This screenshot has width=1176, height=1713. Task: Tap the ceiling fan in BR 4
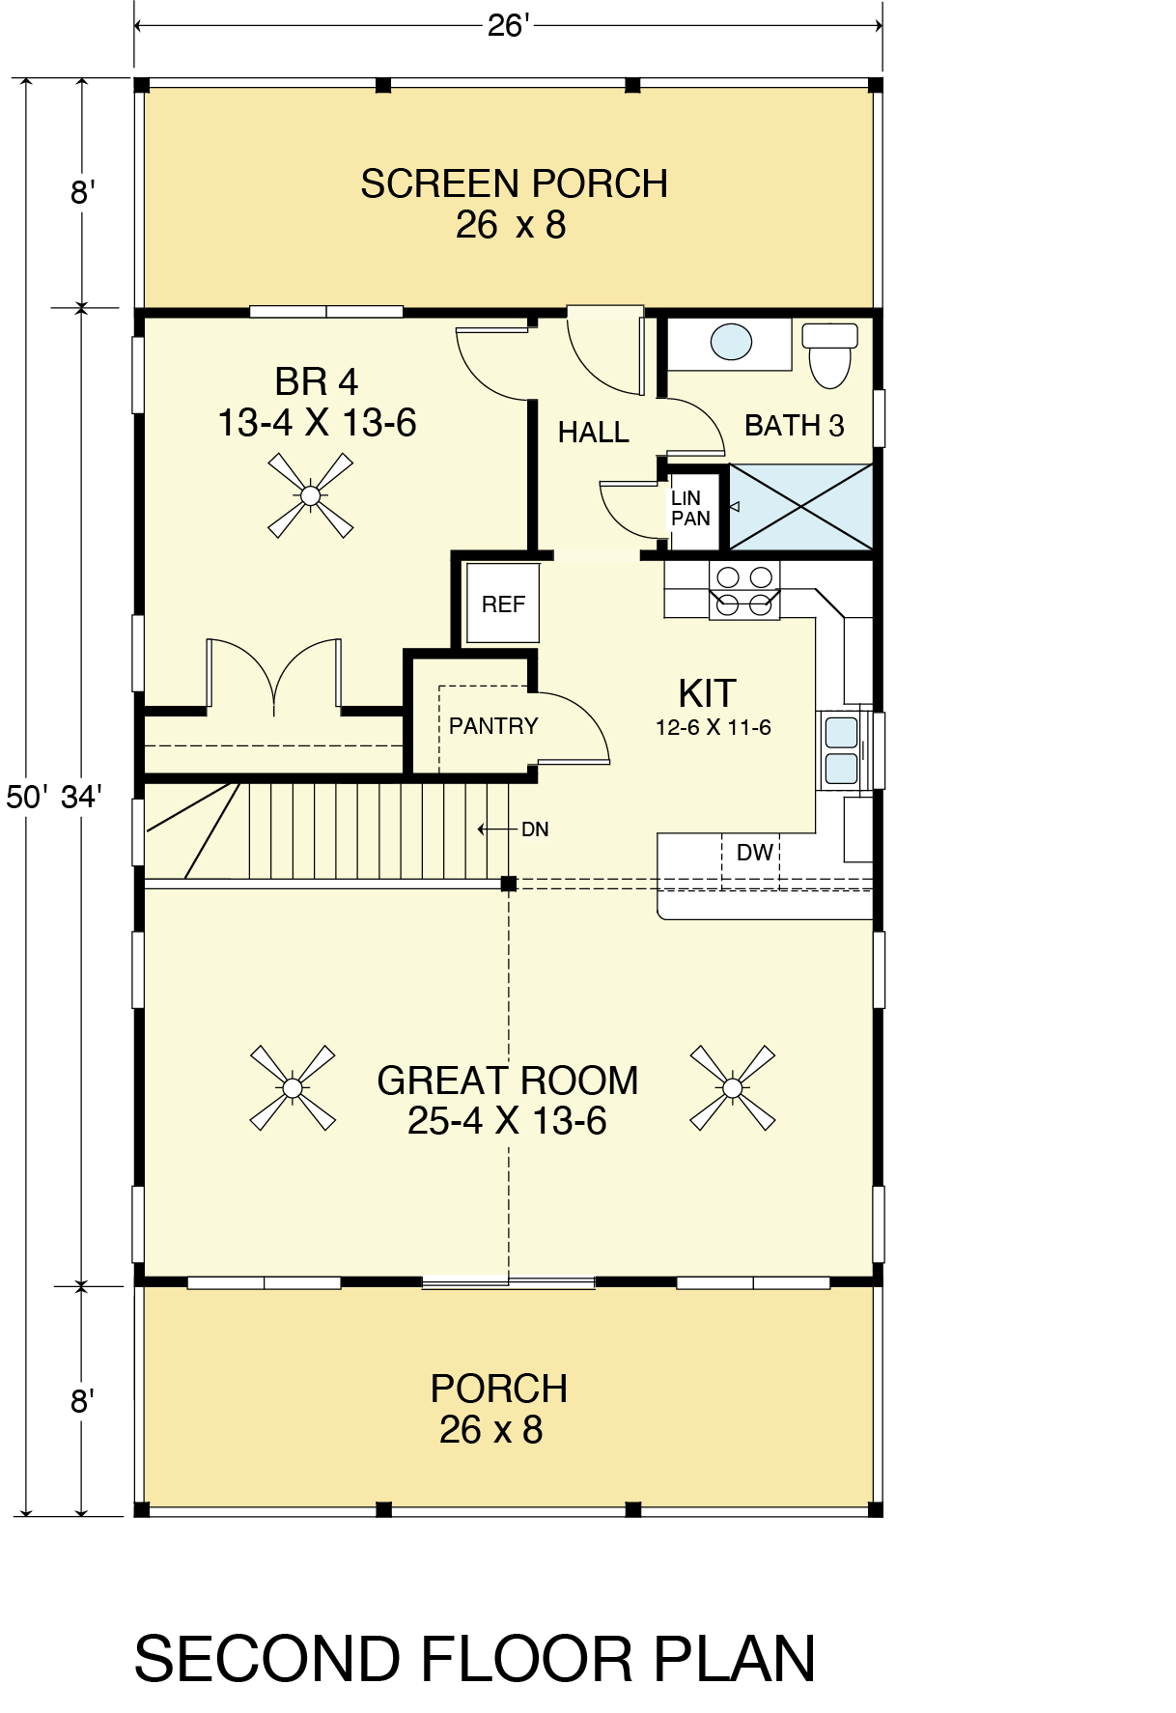(x=310, y=495)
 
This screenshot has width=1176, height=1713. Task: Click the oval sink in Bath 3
(x=731, y=342)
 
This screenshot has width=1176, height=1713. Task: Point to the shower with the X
(x=800, y=506)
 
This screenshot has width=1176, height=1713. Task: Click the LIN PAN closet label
(x=690, y=508)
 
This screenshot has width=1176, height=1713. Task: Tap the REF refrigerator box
(x=503, y=604)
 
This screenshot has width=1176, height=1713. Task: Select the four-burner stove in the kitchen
(x=744, y=591)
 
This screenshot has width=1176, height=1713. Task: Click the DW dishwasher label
(x=754, y=852)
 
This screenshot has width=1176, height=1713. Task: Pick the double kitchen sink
(x=841, y=749)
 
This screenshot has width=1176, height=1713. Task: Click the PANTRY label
(x=493, y=725)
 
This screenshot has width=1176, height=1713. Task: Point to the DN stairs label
(x=535, y=829)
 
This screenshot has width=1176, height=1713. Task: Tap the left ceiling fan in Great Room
(x=293, y=1088)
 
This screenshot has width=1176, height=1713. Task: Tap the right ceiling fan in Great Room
(x=732, y=1088)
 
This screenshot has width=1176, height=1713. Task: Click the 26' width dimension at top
(x=507, y=25)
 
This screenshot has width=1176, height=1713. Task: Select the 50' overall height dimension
(x=25, y=797)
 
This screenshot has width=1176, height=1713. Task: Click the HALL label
(x=593, y=432)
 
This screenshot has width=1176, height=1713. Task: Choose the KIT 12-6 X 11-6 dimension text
(x=714, y=727)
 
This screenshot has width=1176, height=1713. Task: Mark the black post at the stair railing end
(x=509, y=884)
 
